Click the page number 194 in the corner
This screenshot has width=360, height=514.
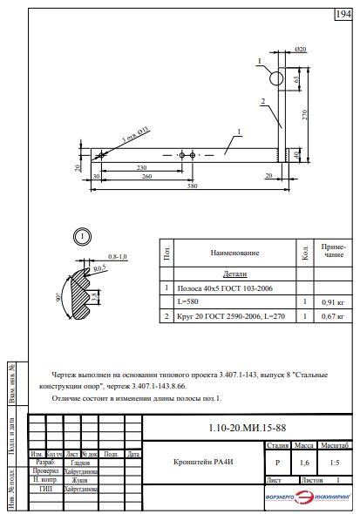[x=343, y=14]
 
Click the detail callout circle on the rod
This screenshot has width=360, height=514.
[x=276, y=78]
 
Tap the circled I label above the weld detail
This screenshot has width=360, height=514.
[x=80, y=236]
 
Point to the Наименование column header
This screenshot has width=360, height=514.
[x=234, y=253]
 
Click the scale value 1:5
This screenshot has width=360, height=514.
[x=336, y=463]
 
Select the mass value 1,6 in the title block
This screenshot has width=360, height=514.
[x=304, y=463]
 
